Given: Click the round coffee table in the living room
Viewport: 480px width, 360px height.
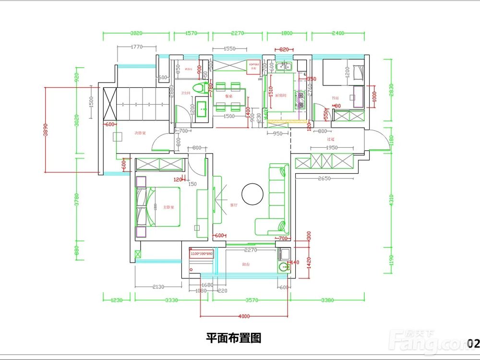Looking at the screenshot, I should [252, 193].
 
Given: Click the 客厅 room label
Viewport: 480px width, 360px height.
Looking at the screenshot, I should [234, 205].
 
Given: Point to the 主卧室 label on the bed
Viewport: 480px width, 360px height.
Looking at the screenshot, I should [168, 207].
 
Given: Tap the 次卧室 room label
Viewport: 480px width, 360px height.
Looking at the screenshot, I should [140, 132].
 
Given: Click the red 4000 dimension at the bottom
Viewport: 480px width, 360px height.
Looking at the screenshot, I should [244, 316].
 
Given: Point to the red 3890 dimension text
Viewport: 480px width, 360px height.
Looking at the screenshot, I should [46, 130].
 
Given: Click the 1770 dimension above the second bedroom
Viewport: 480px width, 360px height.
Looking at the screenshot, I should [136, 47].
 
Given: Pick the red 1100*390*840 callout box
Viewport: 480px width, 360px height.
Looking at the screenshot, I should [202, 253].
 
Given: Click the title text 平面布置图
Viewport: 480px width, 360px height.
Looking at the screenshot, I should [233, 338].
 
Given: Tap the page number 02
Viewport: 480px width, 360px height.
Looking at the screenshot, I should [473, 343].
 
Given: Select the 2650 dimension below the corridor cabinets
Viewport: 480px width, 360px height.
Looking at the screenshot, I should [324, 179].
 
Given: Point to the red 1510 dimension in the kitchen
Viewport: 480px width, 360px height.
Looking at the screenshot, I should [271, 98].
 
